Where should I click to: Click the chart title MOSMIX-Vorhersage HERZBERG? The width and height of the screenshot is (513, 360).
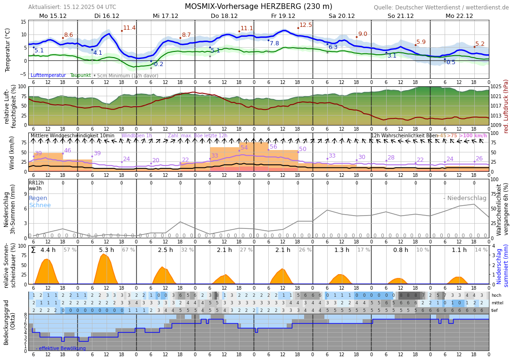click(x=258, y=7)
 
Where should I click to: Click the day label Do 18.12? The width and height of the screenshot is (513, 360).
click(x=224, y=16)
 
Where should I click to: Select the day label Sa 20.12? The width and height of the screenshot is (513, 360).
click(x=342, y=16)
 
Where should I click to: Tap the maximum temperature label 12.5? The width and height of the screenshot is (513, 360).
click(x=306, y=25)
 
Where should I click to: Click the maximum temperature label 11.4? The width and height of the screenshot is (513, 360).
click(x=129, y=28)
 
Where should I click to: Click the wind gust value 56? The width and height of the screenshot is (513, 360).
click(x=273, y=147)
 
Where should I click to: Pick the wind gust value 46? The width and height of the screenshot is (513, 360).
click(x=67, y=151)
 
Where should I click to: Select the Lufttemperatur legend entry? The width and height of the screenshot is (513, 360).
click(x=48, y=75)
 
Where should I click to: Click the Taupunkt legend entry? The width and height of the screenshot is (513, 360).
click(x=80, y=75)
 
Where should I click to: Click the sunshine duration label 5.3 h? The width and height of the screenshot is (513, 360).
click(x=107, y=250)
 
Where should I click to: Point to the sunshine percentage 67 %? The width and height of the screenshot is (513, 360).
click(x=128, y=250)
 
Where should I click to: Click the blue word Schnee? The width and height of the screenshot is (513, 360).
click(x=40, y=205)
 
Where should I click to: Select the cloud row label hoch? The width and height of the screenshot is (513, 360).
click(x=496, y=295)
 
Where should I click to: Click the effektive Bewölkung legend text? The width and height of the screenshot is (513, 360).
click(x=62, y=349)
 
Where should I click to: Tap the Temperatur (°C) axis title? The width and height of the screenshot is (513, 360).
click(x=8, y=50)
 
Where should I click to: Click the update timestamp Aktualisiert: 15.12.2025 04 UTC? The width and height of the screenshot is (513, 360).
click(x=72, y=7)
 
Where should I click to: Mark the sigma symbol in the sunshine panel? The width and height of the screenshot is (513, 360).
click(x=33, y=250)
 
